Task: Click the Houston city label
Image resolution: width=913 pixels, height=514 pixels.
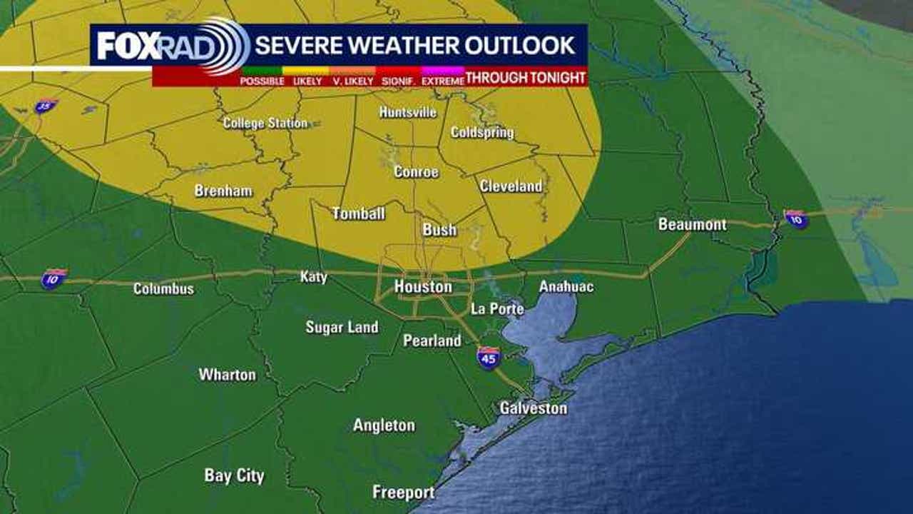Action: coord(423,287)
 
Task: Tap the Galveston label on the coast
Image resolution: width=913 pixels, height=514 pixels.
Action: coord(533,408)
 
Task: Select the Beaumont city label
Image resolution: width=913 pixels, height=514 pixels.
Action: coord(692,224)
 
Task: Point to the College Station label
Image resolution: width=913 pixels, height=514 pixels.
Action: coord(265,123)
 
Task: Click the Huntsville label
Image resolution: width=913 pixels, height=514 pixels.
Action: coord(407,112)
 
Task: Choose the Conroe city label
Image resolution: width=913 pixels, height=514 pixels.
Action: coord(416,172)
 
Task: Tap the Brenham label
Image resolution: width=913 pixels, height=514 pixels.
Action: coord(223,191)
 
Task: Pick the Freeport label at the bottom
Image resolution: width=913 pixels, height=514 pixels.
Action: coord(403,493)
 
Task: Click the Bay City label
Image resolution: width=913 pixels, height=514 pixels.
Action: coord(234,475)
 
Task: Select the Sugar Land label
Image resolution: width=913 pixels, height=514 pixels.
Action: coord(342,327)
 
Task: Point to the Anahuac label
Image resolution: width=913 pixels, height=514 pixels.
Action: coord(566,286)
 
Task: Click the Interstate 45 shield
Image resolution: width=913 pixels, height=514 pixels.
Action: coord(489,356)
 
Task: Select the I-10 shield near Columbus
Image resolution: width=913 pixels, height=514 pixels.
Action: coord(53,278)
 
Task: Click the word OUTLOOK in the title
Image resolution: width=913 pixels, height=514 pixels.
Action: coord(520,45)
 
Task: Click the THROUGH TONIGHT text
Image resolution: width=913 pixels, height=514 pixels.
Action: coord(526,78)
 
